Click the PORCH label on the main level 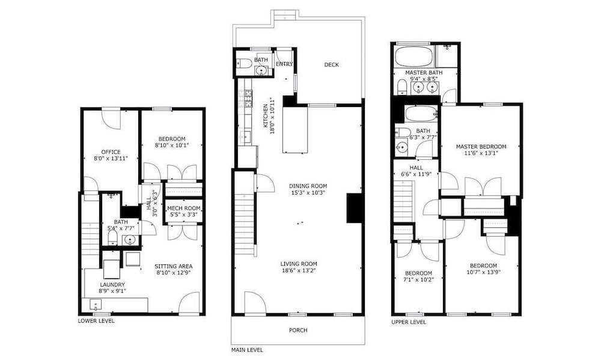[298, 330]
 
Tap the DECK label [332, 65]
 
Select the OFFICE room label [111, 152]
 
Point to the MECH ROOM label [184, 208]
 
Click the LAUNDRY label [112, 284]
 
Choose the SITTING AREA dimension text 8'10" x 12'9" [174, 273]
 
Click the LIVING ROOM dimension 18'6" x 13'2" [299, 270]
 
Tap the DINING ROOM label [308, 186]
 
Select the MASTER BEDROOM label [481, 147]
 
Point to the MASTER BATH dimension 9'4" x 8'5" [424, 79]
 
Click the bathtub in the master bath [414, 56]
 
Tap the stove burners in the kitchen [248, 98]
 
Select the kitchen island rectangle [295, 130]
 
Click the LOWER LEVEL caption [96, 321]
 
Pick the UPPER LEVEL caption [409, 322]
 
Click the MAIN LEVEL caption [247, 350]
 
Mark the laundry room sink [95, 305]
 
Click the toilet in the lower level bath [112, 238]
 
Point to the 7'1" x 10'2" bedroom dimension [418, 279]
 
